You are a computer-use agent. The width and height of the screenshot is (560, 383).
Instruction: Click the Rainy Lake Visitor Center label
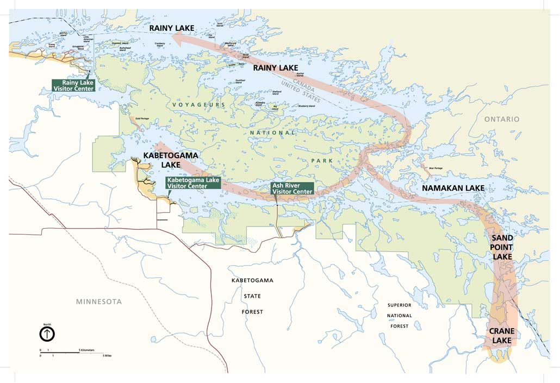(73, 85)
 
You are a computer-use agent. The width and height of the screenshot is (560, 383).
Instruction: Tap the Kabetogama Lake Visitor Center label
(193, 183)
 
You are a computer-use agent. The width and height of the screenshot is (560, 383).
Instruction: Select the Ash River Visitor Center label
(293, 188)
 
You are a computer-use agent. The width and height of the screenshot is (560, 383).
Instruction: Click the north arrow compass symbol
(47, 333)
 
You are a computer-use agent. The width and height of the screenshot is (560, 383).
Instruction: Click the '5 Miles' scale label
(107, 355)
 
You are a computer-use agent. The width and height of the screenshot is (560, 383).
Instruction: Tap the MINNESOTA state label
(99, 302)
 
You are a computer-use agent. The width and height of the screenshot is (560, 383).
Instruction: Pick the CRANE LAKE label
(501, 336)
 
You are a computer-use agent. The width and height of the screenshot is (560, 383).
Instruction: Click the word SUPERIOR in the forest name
(399, 305)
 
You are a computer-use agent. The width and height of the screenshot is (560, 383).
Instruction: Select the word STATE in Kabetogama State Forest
(252, 296)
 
